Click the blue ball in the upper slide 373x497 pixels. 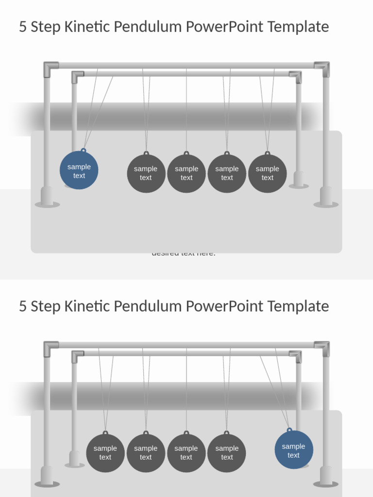coord(79,170)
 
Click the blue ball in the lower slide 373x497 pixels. coord(294,450)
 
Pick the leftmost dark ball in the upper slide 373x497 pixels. coord(146,173)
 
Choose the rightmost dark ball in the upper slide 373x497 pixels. coord(267,173)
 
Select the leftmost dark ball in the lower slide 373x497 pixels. coord(105,453)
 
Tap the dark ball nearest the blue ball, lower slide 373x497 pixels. coord(227,453)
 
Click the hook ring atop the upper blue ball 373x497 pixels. coord(84,151)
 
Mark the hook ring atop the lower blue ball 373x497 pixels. coord(289,430)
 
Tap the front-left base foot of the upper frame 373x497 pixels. coord(47,199)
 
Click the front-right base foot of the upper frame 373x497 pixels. coord(326,199)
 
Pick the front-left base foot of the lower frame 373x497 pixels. coord(47,479)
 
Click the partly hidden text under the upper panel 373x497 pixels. coord(184,254)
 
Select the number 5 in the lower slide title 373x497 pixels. coord(22,306)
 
